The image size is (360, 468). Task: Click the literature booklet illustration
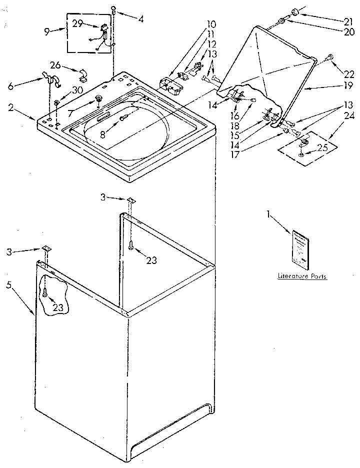click(x=301, y=249)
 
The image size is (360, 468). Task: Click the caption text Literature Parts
click(x=302, y=275)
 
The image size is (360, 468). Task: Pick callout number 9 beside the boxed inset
click(x=47, y=31)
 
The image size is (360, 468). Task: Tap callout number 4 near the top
click(x=141, y=19)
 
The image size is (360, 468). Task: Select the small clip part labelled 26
click(x=83, y=75)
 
